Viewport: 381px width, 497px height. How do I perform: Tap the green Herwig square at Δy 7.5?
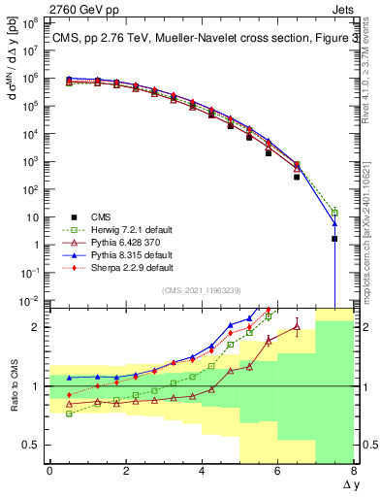[334, 212]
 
